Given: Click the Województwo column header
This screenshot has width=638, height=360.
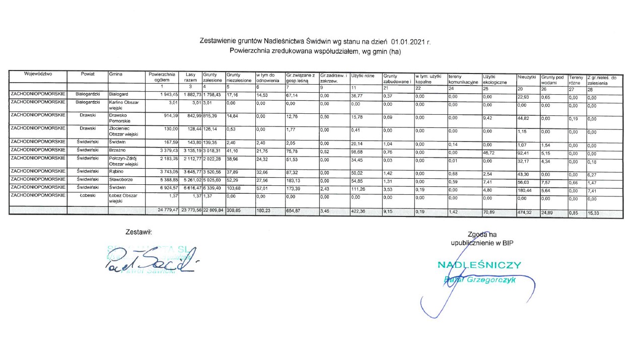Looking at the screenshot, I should tap(38, 74).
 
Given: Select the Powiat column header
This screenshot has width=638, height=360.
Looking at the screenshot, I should tap(88, 74).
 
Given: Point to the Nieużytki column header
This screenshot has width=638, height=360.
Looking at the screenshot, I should tap(526, 77).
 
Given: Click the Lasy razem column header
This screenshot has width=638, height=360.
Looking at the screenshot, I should tap(190, 77).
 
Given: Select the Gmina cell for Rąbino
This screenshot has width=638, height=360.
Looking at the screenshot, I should tap(116, 171).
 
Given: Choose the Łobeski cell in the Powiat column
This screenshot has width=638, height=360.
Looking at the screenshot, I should tap(88, 195).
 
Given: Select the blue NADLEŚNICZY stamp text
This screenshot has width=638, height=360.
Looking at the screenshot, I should tap(479, 265).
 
